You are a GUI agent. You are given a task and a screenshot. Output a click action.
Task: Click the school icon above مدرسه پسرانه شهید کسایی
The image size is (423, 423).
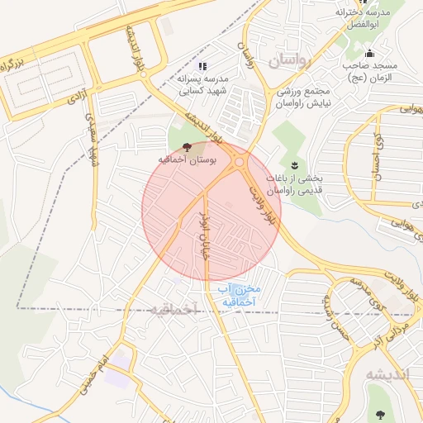(x=203, y=66)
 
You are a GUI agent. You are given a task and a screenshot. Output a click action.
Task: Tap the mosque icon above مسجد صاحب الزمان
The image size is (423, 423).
(x=369, y=55)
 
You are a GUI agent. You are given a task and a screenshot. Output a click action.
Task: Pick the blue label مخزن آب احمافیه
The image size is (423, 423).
(x=240, y=296)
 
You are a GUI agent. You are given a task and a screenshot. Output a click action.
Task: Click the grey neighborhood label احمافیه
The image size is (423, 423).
(x=174, y=309)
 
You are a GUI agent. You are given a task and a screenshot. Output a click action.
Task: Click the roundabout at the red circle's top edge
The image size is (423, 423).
(x=240, y=163)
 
